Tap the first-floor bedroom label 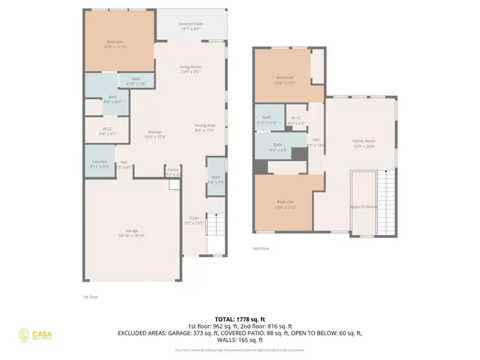click(x=115, y=44)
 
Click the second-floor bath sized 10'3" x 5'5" click(x=277, y=146)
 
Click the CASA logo click(x=36, y=335)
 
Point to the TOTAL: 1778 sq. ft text click(x=240, y=319)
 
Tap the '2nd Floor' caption click(x=261, y=247)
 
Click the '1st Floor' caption click(x=89, y=297)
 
